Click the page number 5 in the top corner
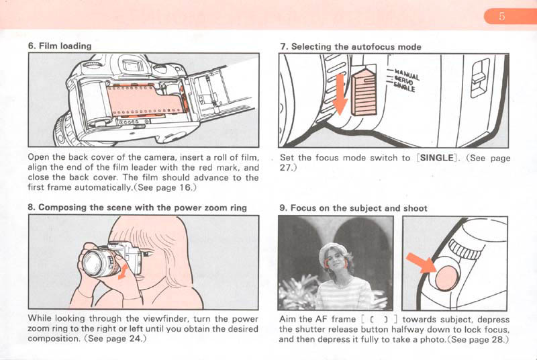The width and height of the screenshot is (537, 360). coord(501,16)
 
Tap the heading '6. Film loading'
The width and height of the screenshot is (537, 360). coord(60,46)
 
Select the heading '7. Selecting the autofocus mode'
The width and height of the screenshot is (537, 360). coord(350,46)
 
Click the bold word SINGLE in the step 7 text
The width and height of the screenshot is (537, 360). coord(437,158)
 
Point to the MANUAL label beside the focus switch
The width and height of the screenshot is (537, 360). coord(407,74)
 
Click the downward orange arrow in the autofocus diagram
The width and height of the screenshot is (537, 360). coord(340,95)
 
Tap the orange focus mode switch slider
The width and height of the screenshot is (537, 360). coord(364,91)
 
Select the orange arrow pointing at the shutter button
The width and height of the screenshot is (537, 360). coord(422,263)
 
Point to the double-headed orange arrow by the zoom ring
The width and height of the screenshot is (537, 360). coord(124,271)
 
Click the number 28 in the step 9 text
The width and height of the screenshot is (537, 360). coord(498,340)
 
